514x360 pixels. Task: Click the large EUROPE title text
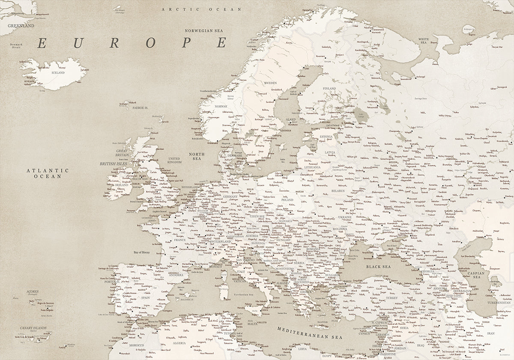click(132, 43)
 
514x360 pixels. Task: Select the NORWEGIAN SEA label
click(204, 31)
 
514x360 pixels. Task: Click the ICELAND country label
click(58, 73)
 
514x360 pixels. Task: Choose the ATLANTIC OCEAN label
click(42, 173)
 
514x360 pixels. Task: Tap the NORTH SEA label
click(197, 156)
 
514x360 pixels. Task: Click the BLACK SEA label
click(378, 267)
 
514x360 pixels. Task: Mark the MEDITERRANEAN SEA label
click(310, 333)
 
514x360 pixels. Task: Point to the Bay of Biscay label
click(142, 252)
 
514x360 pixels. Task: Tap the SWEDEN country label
click(270, 83)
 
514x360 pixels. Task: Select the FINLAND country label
click(329, 89)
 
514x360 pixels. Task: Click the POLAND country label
click(287, 200)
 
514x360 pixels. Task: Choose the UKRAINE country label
click(345, 217)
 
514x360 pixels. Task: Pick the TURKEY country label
click(391, 298)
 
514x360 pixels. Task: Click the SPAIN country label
click(146, 297)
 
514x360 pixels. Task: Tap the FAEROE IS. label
click(140, 108)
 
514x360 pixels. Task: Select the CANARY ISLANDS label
click(30, 328)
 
